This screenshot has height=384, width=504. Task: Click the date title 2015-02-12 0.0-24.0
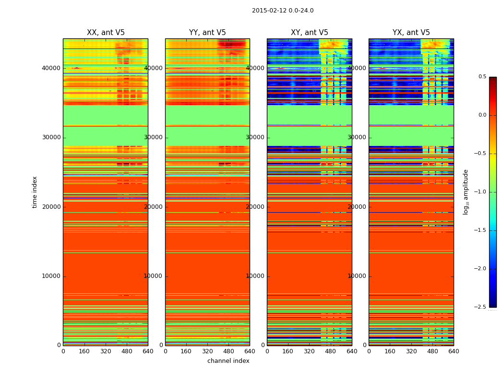point(283,11)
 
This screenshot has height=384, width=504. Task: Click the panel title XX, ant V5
point(106,33)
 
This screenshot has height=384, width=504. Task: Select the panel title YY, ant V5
point(207,33)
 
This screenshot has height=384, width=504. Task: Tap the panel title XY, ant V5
point(310,33)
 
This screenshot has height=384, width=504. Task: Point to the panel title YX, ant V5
point(411,33)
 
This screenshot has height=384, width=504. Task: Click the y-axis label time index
point(35,192)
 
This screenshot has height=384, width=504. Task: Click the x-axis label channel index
point(228,361)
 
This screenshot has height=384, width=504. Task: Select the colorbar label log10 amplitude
point(466,192)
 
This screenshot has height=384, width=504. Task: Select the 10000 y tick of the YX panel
point(357,276)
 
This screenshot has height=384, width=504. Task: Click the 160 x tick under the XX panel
point(84,351)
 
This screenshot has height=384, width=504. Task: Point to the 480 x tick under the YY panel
point(229,351)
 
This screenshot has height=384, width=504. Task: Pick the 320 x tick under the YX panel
point(411,351)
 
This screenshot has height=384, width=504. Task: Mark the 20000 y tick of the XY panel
point(255,207)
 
